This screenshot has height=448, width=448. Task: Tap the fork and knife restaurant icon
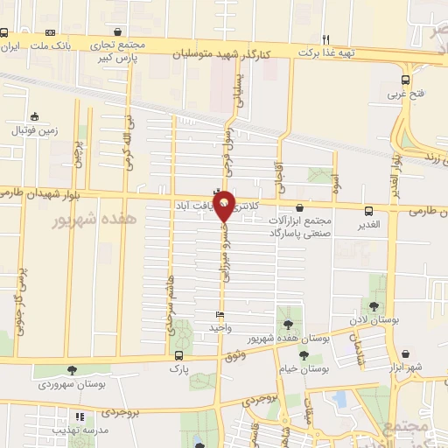click(325, 38)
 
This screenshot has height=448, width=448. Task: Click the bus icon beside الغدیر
click(367, 211)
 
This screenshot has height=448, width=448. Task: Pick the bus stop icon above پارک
click(179, 355)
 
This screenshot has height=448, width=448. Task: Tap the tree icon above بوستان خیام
click(304, 355)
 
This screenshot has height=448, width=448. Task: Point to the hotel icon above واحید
click(220, 315)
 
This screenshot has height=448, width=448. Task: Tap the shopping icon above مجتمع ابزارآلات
click(302, 208)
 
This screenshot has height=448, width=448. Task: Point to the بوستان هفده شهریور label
click(276, 338)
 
